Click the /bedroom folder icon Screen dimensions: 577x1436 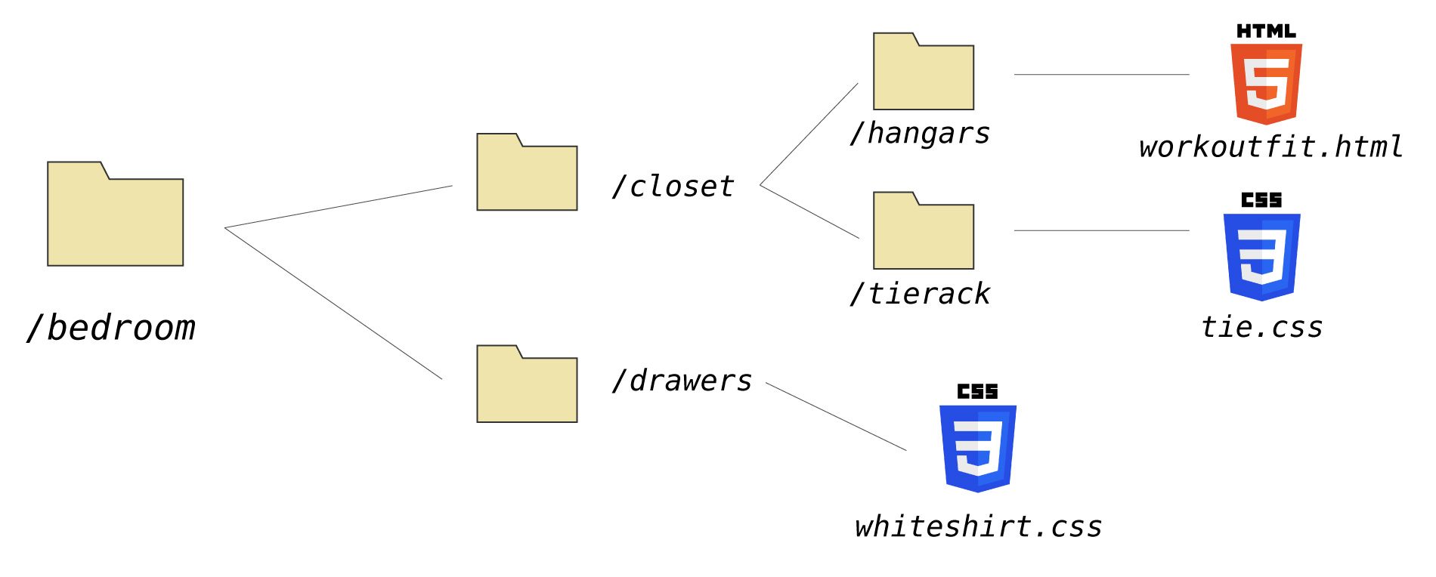click(115, 215)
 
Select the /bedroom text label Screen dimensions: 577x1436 click(111, 328)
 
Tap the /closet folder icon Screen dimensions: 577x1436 click(527, 173)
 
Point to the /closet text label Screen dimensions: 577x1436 click(673, 187)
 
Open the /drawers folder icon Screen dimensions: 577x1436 click(527, 385)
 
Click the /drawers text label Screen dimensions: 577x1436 click(682, 381)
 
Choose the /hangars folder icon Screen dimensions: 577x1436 click(923, 73)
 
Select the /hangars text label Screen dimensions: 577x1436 click(919, 134)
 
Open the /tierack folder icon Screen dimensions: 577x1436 click(923, 232)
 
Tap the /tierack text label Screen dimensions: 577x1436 click(919, 294)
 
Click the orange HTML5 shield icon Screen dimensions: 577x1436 click(1266, 83)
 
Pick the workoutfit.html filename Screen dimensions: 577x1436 click(1270, 147)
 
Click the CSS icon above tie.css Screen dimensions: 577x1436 click(1261, 255)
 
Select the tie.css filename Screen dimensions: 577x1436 click(1261, 328)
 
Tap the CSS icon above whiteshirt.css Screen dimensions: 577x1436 click(977, 447)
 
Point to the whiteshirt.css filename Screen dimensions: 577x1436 click(978, 526)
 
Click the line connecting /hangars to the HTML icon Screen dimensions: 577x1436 click(1101, 75)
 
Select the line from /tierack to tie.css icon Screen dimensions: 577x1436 click(1101, 230)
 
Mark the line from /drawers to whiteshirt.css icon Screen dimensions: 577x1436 click(836, 417)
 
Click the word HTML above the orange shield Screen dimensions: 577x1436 click(1266, 31)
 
